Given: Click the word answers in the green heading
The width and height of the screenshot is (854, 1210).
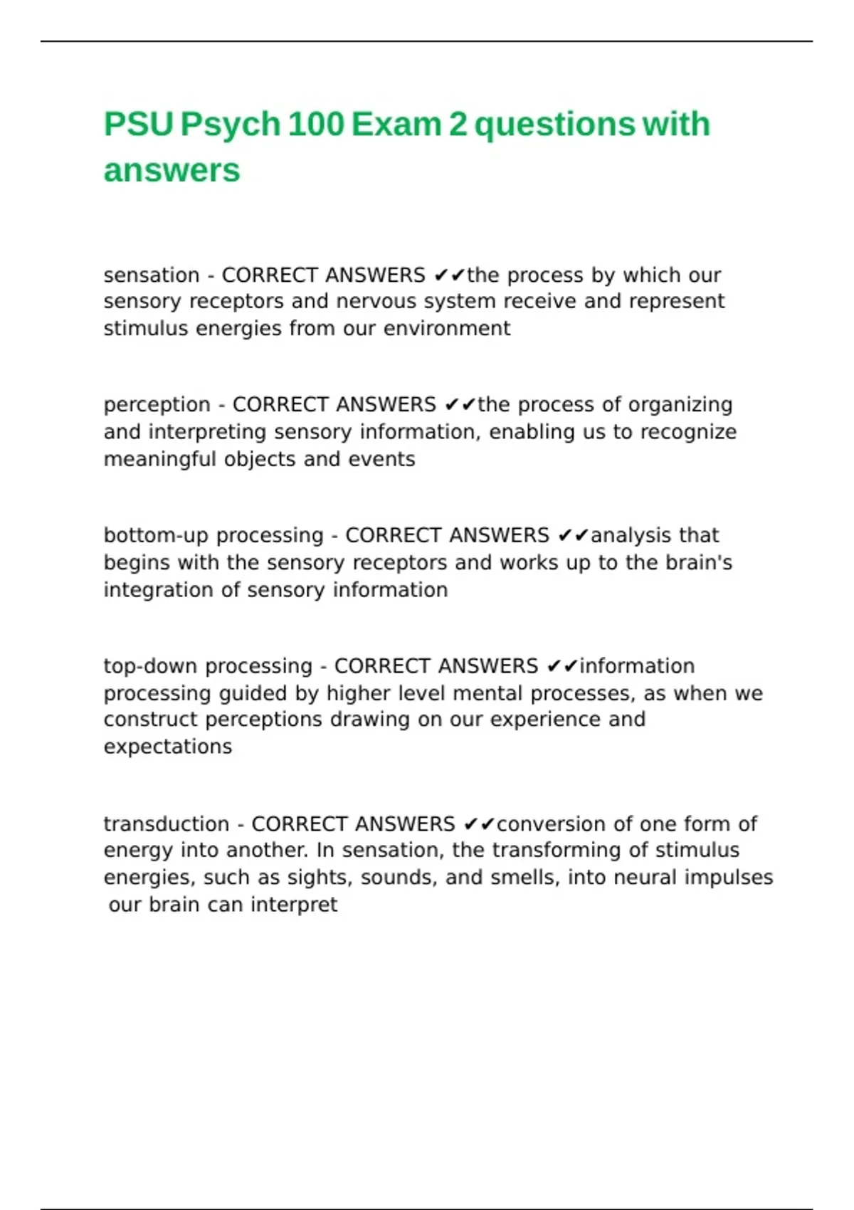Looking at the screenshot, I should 172,171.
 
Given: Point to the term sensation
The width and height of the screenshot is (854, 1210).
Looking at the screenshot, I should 152,275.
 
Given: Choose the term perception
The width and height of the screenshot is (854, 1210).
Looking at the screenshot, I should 157,405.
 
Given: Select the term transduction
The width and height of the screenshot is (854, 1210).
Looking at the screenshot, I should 167,824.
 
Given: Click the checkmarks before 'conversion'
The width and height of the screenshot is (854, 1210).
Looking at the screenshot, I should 478,824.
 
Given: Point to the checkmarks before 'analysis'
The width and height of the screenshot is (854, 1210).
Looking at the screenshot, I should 573,535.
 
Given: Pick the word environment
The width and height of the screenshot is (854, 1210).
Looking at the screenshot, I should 446,329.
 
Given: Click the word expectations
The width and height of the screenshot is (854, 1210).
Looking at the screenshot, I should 167,747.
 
